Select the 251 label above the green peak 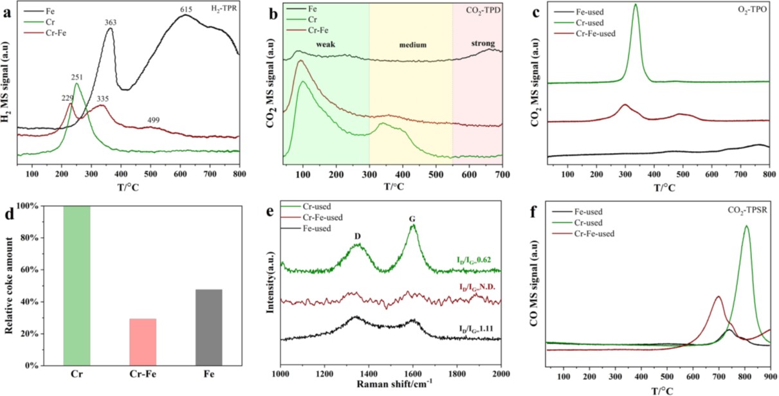(78, 77)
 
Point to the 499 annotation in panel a (153, 120)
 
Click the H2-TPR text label (223, 7)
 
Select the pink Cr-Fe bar (142, 342)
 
